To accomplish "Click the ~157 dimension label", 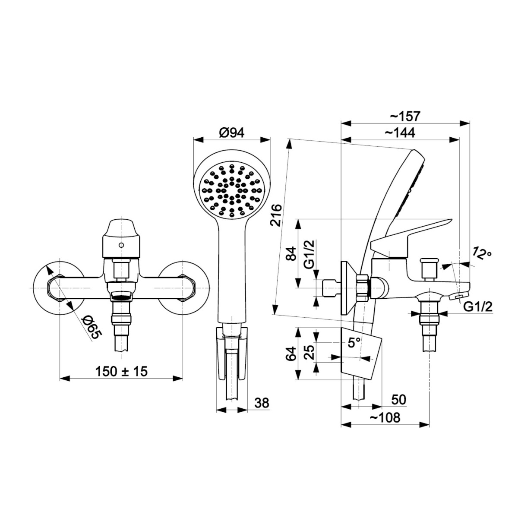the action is point(405,116).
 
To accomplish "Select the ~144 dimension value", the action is point(400,133).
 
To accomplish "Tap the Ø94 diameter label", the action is point(232,133).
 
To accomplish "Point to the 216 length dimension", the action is point(276,215).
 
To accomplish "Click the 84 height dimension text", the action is point(291,253).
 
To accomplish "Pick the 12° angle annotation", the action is point(481,253).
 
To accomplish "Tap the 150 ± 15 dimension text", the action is point(121,372).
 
